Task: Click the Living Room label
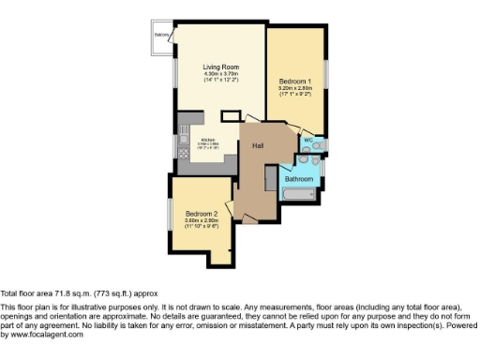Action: point(222,67)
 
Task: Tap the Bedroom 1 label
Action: point(294,82)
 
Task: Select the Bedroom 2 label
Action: point(202,212)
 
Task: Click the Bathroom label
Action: point(298,178)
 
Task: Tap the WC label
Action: point(307,140)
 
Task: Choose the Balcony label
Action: point(161,35)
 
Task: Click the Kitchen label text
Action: point(208,140)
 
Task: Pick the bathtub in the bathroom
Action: point(301,195)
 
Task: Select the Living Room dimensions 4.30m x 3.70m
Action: point(222,74)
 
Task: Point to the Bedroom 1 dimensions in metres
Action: point(294,88)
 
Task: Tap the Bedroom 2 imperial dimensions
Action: point(202,226)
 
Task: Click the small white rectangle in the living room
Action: point(228,114)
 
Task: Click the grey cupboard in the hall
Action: point(271,180)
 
